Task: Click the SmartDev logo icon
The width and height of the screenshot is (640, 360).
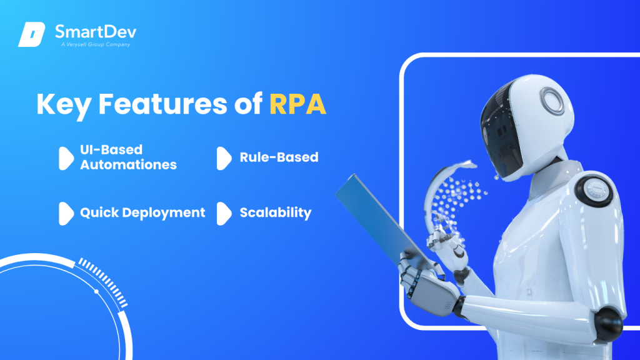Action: (x=32, y=34)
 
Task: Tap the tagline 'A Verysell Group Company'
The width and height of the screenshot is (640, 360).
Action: (x=92, y=44)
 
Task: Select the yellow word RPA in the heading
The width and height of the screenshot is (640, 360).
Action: (x=297, y=104)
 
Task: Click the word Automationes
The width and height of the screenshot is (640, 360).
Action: (x=128, y=165)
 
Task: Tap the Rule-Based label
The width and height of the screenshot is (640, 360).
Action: (x=279, y=157)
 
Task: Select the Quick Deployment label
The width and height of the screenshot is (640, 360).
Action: (x=142, y=212)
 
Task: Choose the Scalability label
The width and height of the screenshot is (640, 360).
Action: (x=275, y=212)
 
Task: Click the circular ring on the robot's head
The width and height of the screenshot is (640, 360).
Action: (x=552, y=100)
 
